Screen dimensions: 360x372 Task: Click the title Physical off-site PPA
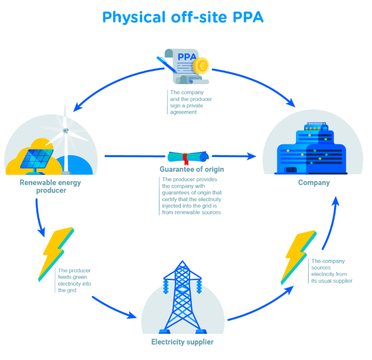coord(183,17)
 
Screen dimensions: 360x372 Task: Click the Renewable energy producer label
coord(50,186)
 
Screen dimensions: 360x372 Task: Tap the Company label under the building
coord(314,183)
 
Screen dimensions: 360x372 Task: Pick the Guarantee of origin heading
coord(192,170)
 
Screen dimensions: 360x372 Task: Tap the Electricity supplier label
coord(182,342)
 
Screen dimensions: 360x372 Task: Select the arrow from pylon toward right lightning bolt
coord(259,305)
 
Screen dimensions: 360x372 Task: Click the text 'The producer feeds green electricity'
coord(74,280)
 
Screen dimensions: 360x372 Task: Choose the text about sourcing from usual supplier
coord(331,270)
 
